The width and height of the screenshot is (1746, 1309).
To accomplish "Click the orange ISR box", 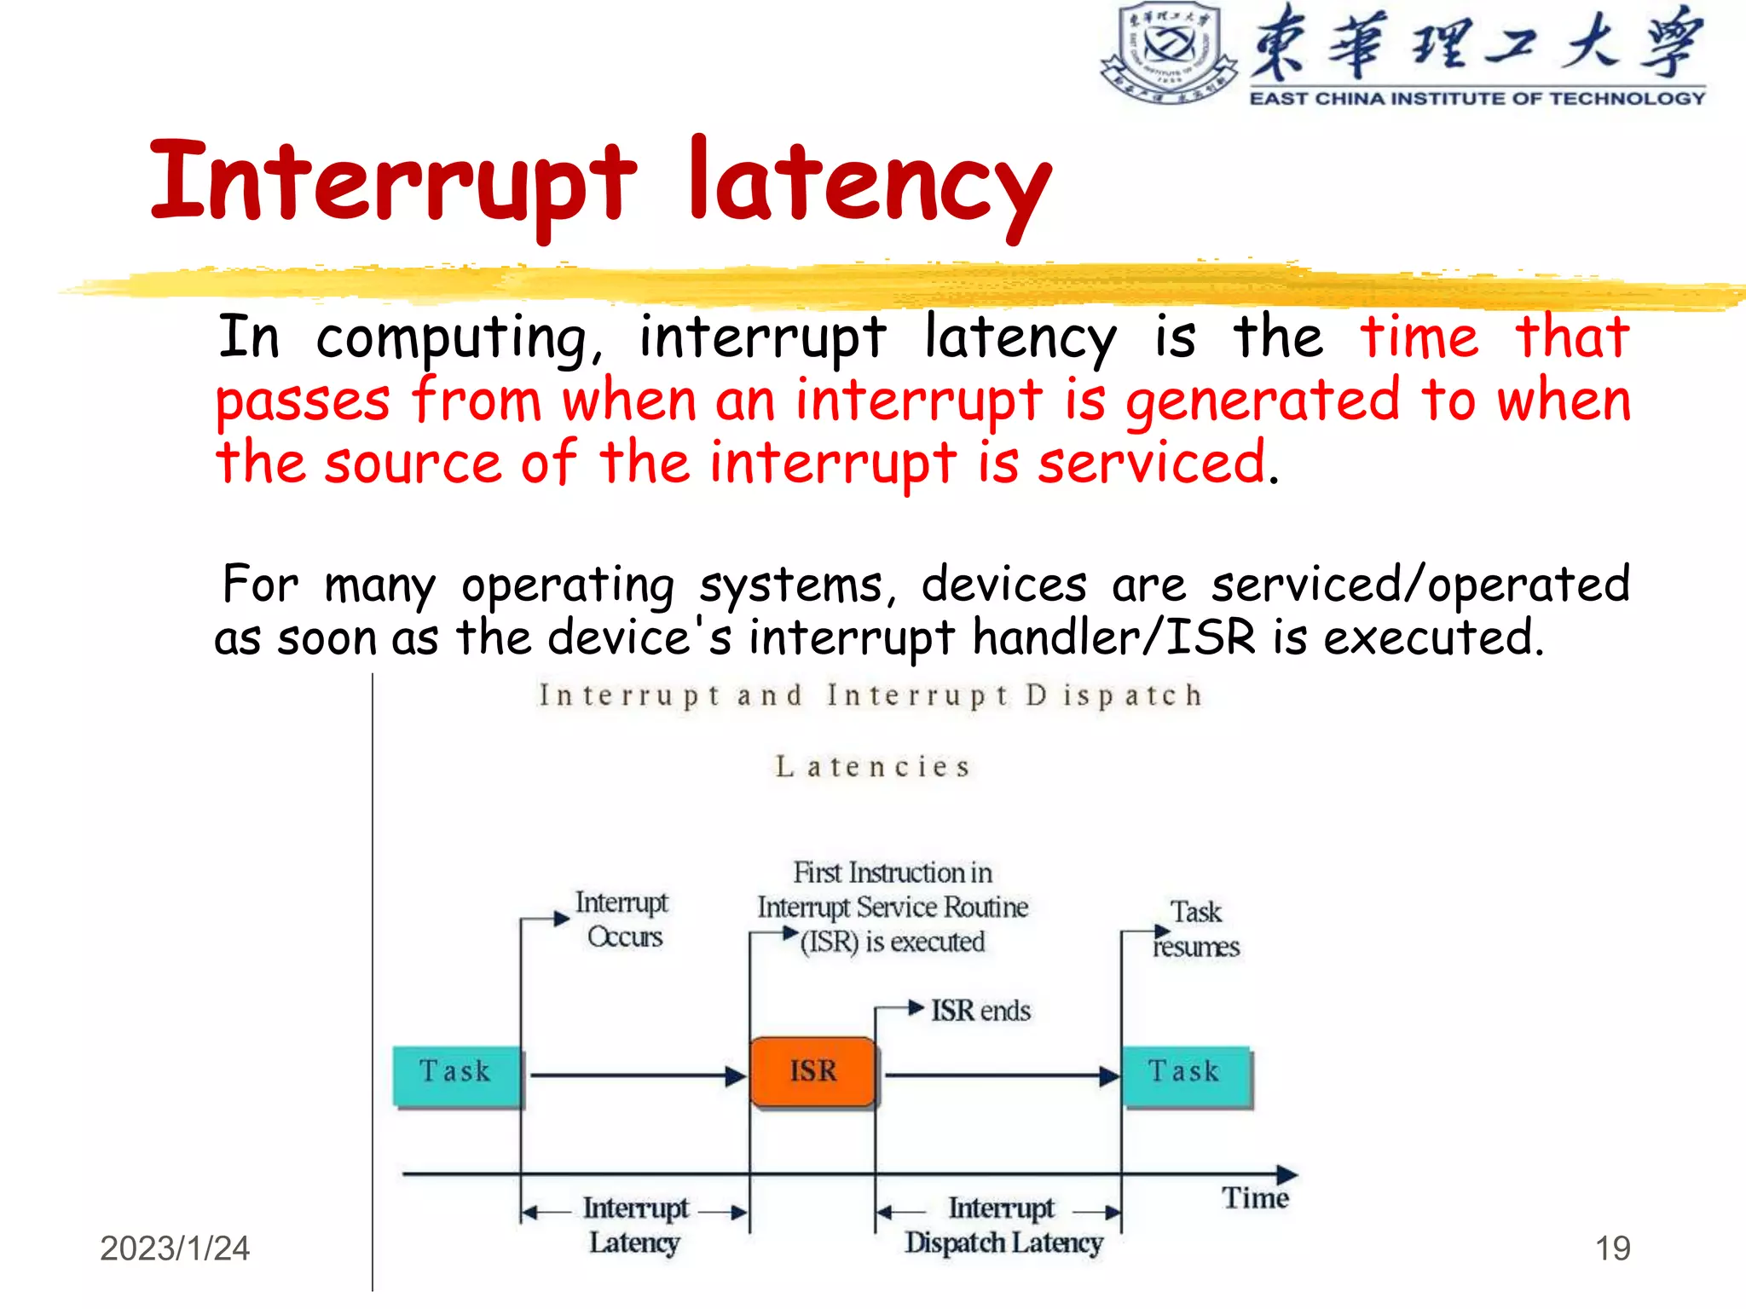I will (x=812, y=1071).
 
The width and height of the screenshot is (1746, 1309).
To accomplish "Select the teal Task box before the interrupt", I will (x=456, y=1075).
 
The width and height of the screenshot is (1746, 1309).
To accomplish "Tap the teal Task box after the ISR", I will (x=1186, y=1075).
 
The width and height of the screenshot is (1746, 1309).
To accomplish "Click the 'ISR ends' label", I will (x=980, y=1011).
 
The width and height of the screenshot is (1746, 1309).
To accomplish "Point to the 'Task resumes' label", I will (x=1196, y=930).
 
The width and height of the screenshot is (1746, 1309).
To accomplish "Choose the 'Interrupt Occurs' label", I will (x=622, y=920).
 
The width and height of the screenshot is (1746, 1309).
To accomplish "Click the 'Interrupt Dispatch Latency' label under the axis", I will (x=1003, y=1225).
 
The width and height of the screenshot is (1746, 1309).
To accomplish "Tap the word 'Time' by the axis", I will (x=1255, y=1198).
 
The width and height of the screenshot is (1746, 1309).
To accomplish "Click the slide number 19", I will (x=1612, y=1248).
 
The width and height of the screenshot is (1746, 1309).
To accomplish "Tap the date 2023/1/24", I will (x=175, y=1248).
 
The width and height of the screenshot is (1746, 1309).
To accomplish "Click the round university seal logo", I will (x=1169, y=52).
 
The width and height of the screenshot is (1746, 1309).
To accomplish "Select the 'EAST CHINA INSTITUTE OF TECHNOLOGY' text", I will (x=1477, y=99).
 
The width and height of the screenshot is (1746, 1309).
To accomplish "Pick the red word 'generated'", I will (x=1263, y=400).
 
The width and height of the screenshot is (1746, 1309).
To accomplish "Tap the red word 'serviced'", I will (x=1151, y=464).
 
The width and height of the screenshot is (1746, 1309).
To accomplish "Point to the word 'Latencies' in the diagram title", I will (x=872, y=767).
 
